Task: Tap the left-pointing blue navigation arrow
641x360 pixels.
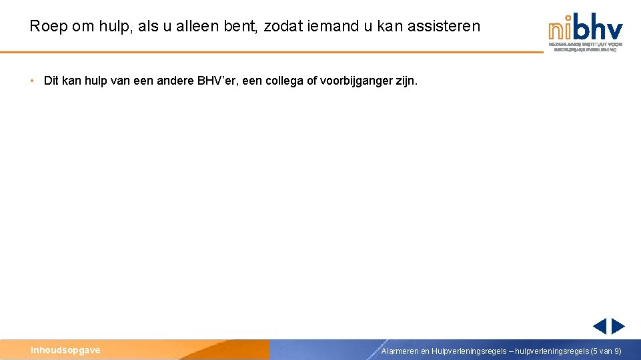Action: [x=600, y=326]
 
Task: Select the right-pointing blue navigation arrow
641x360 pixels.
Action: [x=618, y=326]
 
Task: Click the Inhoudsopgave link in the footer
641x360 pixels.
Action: [x=65, y=350]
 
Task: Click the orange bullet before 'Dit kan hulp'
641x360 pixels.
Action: [x=31, y=81]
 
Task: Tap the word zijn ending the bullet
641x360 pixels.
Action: [x=407, y=81]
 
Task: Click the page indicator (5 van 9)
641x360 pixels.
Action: [x=606, y=351]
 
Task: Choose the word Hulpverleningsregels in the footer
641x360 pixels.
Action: [x=469, y=351]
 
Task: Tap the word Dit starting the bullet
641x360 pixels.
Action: [x=51, y=81]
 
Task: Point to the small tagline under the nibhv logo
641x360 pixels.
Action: [x=585, y=47]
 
